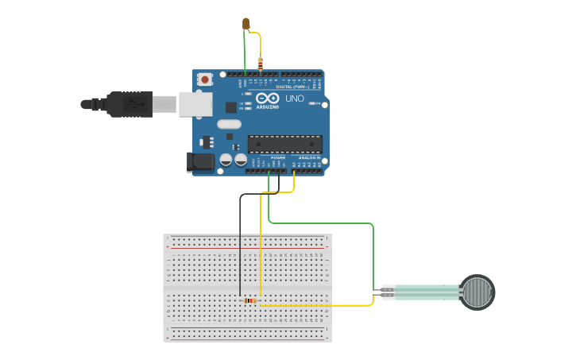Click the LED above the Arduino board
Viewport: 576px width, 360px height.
click(246, 23)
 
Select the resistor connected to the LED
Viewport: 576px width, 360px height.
click(260, 63)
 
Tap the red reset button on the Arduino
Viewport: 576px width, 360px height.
click(205, 79)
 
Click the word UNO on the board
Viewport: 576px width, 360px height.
click(294, 98)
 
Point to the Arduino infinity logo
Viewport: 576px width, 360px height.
click(268, 98)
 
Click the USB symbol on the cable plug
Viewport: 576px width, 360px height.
click(134, 103)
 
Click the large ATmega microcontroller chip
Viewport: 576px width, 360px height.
click(284, 144)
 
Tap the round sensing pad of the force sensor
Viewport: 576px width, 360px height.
click(477, 292)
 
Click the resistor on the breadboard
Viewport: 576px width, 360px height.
click(250, 300)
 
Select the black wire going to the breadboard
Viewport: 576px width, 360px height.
click(240, 246)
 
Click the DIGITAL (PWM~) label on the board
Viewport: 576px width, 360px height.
click(292, 86)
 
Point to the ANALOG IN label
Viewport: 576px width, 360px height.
click(308, 157)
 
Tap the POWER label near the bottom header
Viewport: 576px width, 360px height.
click(277, 157)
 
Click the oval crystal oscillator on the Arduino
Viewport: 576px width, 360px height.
click(228, 123)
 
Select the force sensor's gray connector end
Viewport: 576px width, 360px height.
click(388, 292)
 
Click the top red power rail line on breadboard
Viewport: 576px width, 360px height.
click(247, 248)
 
